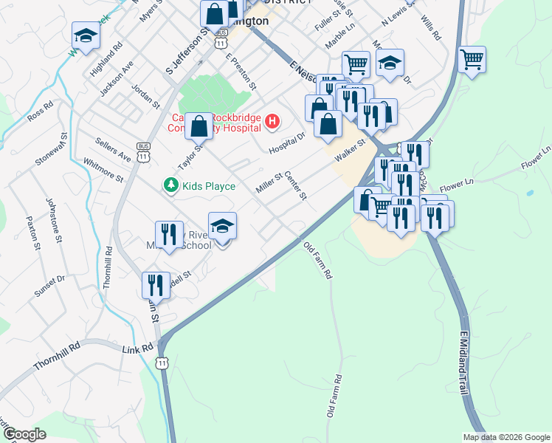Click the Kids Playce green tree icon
pos(170,185)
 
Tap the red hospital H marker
pos(272,121)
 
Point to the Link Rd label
pos(138,348)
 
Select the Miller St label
pos(269,182)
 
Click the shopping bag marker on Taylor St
pos(199,126)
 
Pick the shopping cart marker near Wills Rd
pos(472,59)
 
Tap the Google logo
pos(25,434)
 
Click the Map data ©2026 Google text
pos(506,437)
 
